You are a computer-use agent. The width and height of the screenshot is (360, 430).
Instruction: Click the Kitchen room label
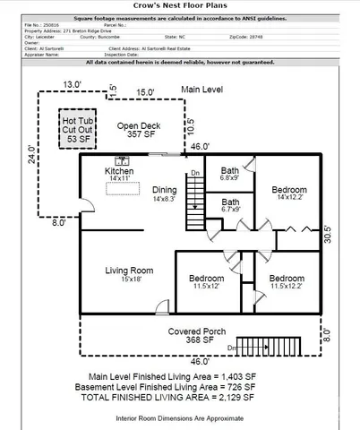pos(120,174)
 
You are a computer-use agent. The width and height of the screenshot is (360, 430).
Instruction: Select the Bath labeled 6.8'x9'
pos(230,173)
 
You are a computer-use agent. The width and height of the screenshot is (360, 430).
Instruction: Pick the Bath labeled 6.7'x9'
pos(230,207)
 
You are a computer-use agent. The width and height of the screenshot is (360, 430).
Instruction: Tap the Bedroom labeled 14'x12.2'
pos(289,194)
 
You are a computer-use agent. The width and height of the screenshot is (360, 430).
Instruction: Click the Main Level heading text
pos(202,90)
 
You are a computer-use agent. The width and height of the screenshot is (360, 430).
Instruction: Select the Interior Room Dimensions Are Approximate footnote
pos(180,417)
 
